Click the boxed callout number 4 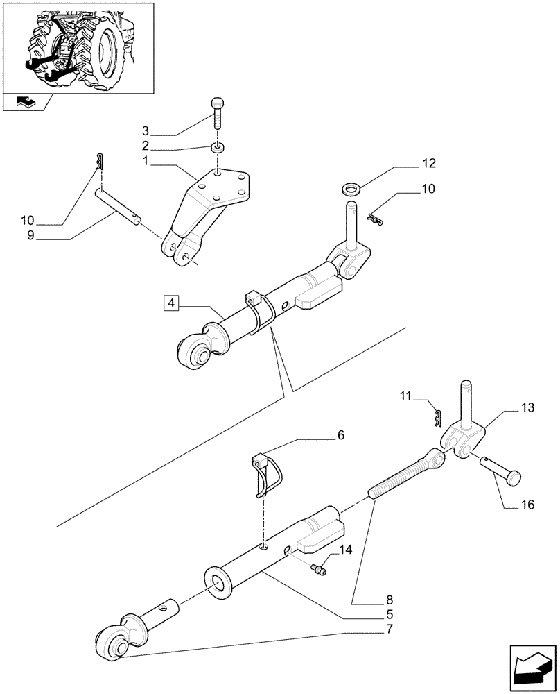(x=172, y=303)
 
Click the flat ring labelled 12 (x=351, y=188)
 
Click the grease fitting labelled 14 (x=320, y=570)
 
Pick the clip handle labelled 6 (x=265, y=474)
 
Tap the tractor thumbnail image (x=78, y=46)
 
